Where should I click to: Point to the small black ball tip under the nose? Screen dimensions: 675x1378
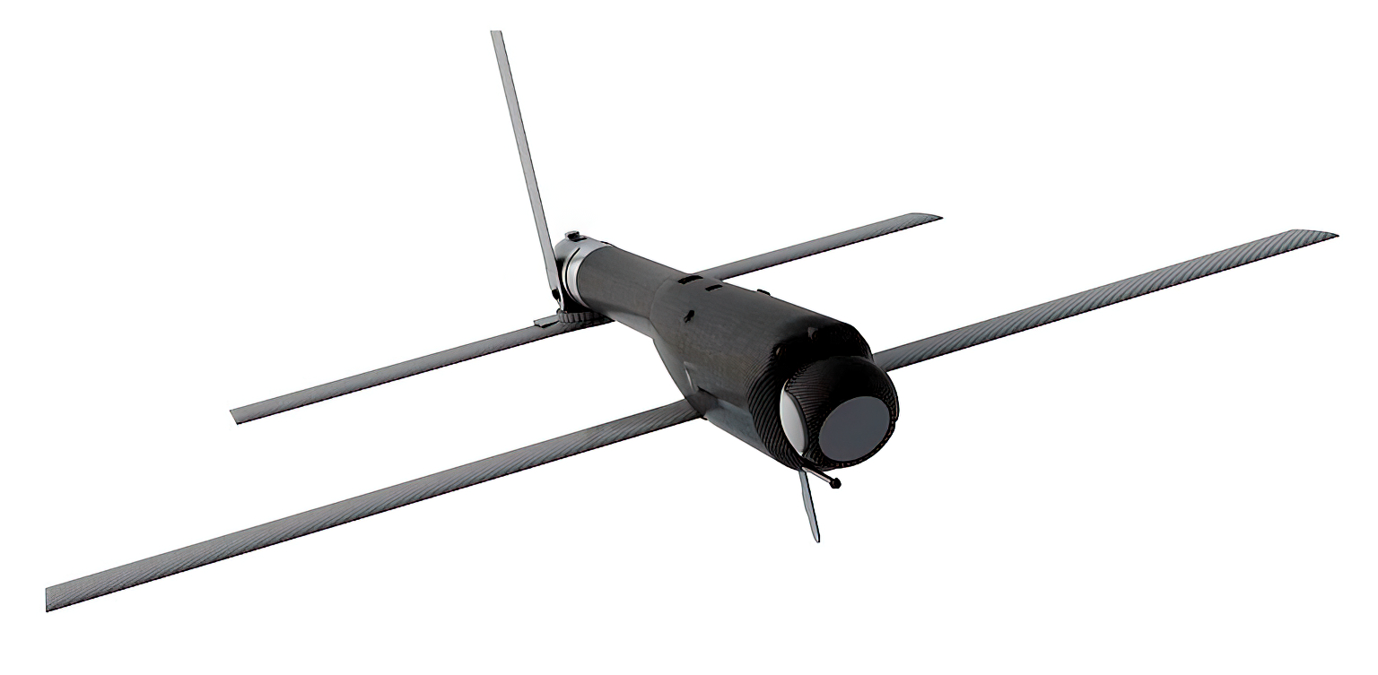click(836, 484)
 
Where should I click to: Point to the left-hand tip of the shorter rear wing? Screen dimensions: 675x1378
click(236, 416)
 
